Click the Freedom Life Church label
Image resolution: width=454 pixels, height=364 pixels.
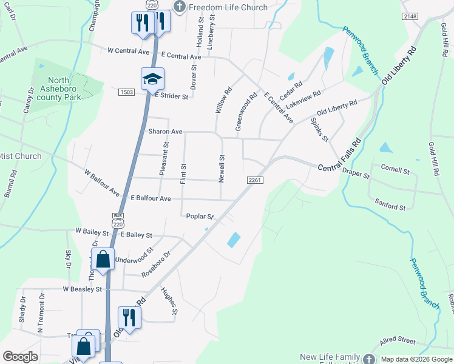(228, 7)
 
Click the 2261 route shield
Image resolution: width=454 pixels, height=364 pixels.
(254, 180)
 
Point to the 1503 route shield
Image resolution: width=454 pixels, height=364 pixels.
(127, 92)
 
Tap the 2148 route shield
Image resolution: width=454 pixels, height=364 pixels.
(410, 16)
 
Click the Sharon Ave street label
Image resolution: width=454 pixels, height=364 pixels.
(165, 132)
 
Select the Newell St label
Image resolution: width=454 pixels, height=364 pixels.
(222, 167)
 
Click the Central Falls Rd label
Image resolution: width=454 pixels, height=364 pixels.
(339, 153)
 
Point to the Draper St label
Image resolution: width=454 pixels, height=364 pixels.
(356, 174)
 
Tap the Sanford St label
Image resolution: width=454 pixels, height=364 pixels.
(390, 207)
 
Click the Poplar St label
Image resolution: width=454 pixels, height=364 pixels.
(200, 217)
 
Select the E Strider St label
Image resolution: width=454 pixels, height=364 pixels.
(172, 96)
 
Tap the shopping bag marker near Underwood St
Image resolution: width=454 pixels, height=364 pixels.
(103, 259)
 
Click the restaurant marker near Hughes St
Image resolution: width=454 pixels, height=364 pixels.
(129, 317)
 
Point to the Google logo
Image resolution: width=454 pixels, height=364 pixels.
(20, 356)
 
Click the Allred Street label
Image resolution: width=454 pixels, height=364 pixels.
(398, 340)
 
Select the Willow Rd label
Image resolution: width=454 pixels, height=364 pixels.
(223, 100)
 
